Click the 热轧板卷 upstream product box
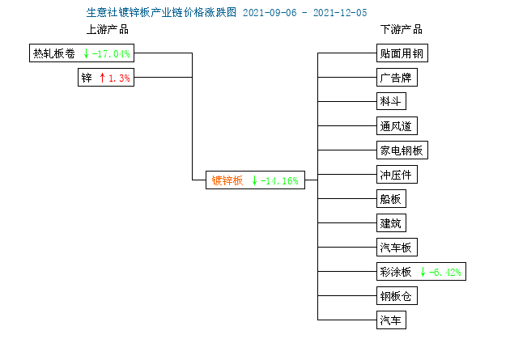point(82,53)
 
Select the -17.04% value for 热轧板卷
point(111,53)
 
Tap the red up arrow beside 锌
point(102,78)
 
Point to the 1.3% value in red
point(119,78)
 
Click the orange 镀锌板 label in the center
point(227,180)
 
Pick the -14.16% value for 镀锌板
point(279,180)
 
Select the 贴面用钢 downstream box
point(402,53)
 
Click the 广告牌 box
point(397,78)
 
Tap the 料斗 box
point(391,101)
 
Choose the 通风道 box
point(397,125)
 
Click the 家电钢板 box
point(402,150)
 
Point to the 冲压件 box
point(397,175)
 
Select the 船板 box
point(391,198)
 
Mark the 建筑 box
point(391,223)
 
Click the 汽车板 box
point(397,248)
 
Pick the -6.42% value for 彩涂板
point(444,272)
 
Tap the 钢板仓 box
point(397,295)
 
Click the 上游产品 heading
point(108,29)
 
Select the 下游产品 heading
point(402,29)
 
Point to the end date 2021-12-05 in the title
point(340,13)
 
